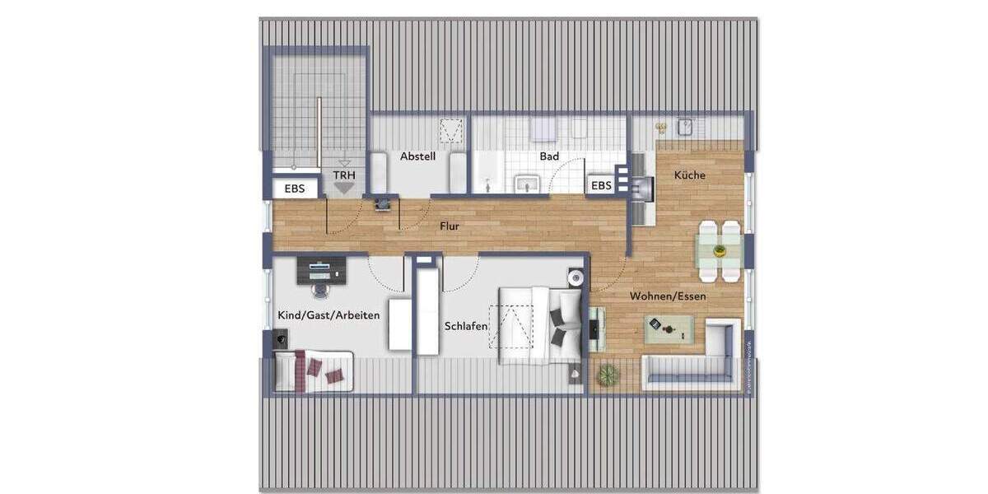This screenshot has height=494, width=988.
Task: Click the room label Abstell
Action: coord(417,156)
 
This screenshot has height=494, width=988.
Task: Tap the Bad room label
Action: coord(549,156)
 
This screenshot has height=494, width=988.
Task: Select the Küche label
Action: coord(689,175)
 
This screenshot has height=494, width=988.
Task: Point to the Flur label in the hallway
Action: coord(450,226)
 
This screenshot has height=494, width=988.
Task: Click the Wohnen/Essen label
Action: coord(668,296)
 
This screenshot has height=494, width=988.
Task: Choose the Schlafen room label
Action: coord(466,326)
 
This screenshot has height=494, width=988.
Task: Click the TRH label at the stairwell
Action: coord(343,175)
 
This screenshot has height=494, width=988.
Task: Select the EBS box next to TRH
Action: coord(295,189)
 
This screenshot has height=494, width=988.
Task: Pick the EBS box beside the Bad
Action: coord(602,186)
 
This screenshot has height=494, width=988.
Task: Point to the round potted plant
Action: coord(607,375)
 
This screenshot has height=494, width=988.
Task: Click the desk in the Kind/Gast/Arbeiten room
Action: coord(321,267)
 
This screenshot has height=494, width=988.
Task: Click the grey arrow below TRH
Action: coord(343,188)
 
